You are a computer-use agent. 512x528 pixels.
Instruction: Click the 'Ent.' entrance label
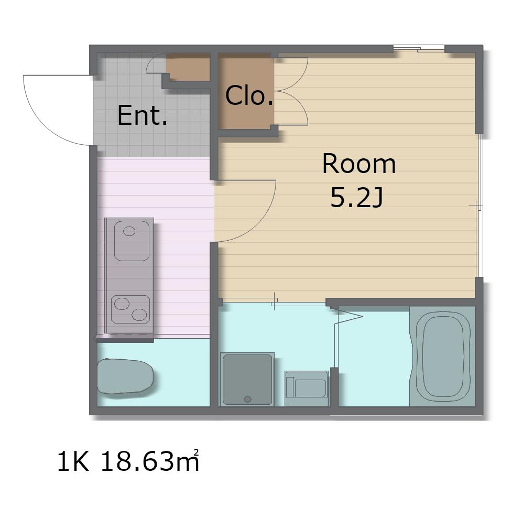[142, 115]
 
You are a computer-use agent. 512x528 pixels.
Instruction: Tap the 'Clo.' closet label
[249, 95]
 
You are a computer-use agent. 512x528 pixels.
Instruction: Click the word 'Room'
[359, 164]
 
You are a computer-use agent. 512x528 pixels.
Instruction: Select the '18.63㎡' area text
[150, 461]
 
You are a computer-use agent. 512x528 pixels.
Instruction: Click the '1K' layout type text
[73, 461]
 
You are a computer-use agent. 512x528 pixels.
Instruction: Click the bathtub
[442, 355]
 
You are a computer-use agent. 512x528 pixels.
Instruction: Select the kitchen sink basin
[132, 241]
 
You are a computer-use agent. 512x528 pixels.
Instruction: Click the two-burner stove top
[130, 309]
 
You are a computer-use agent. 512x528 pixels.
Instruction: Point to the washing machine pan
[247, 379]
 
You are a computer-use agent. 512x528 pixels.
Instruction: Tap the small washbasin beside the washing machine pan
[307, 388]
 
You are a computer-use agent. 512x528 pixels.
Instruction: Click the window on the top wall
[419, 49]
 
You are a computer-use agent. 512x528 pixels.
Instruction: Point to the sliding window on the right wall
[480, 206]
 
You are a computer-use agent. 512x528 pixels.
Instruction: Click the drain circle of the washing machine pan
[247, 400]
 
